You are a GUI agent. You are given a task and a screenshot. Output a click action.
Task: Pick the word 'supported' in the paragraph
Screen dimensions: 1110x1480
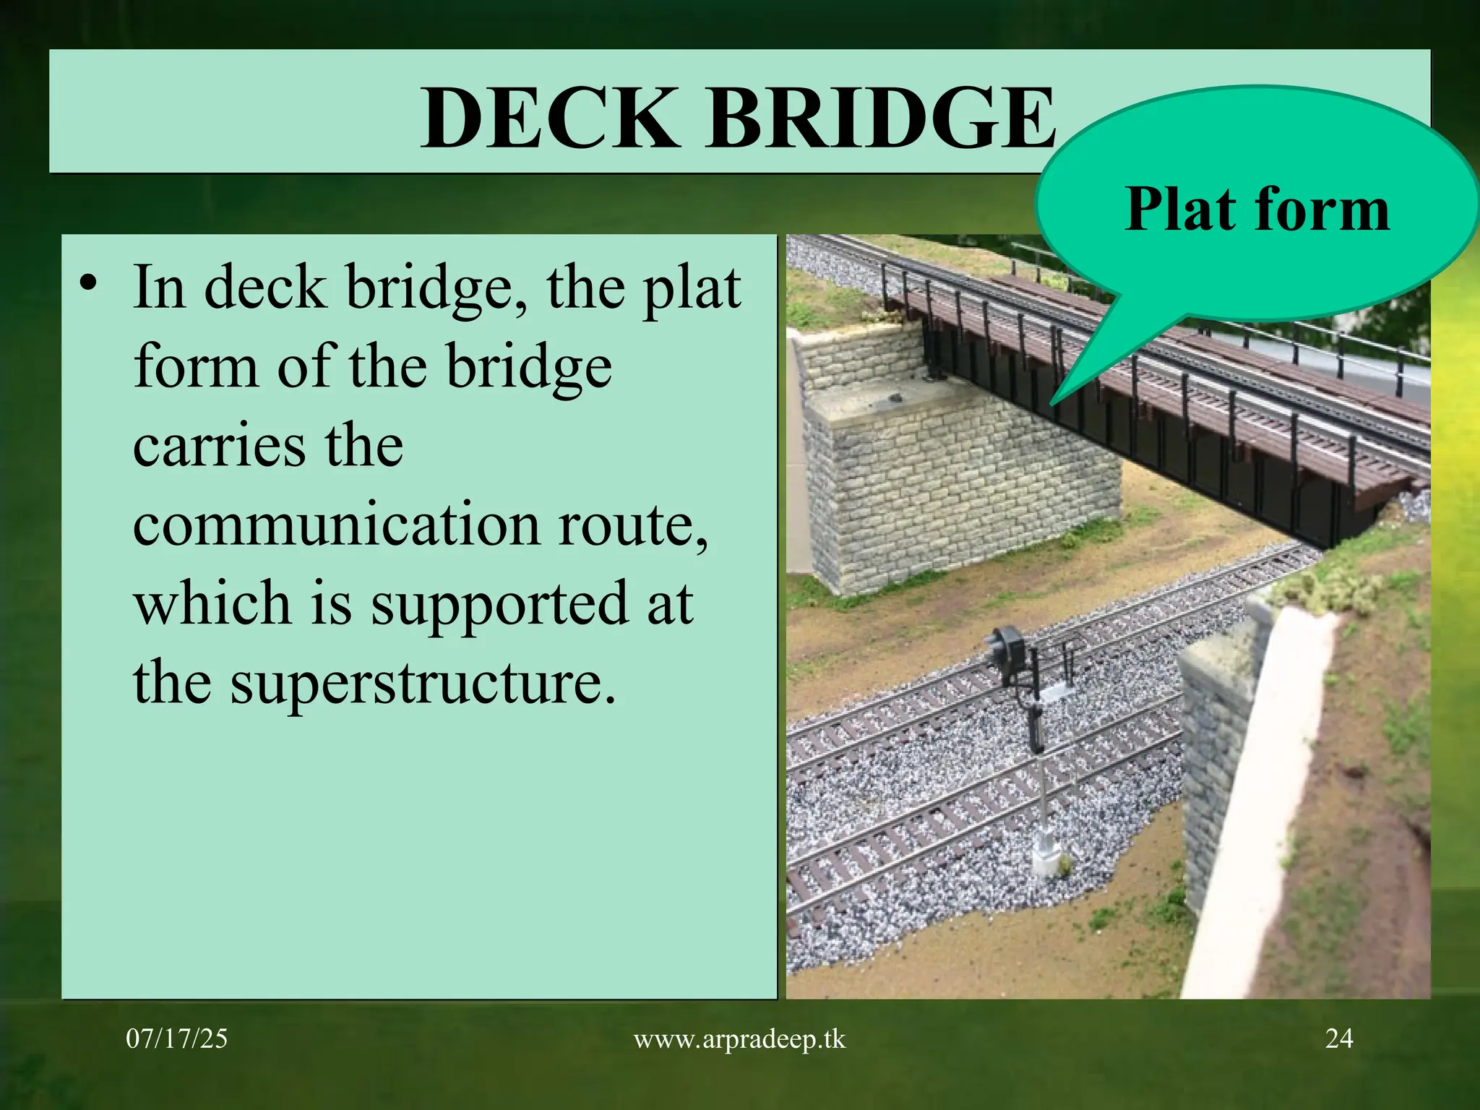499,603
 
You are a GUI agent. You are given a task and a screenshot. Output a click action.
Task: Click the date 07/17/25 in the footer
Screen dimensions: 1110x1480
176,1038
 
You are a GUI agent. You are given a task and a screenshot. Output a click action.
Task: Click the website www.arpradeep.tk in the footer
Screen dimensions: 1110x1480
739,1038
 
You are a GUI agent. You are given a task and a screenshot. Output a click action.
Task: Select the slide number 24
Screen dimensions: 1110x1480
1338,1038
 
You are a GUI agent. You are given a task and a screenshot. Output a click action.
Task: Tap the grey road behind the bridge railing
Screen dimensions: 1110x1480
1373,376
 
